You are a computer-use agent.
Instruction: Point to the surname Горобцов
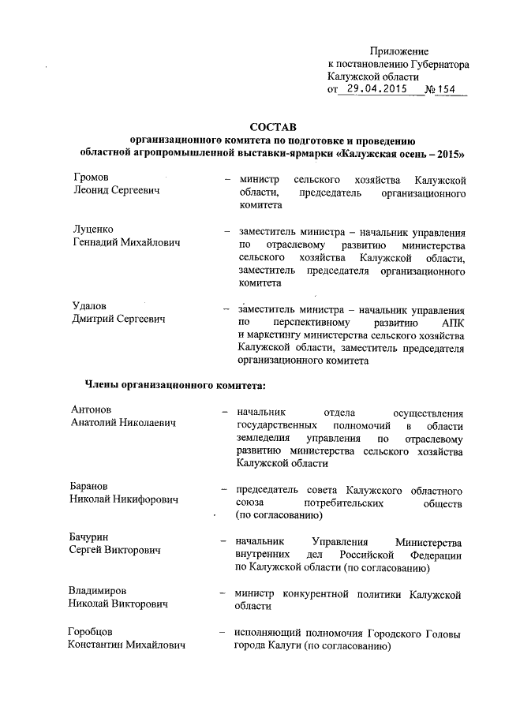point(90,634)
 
